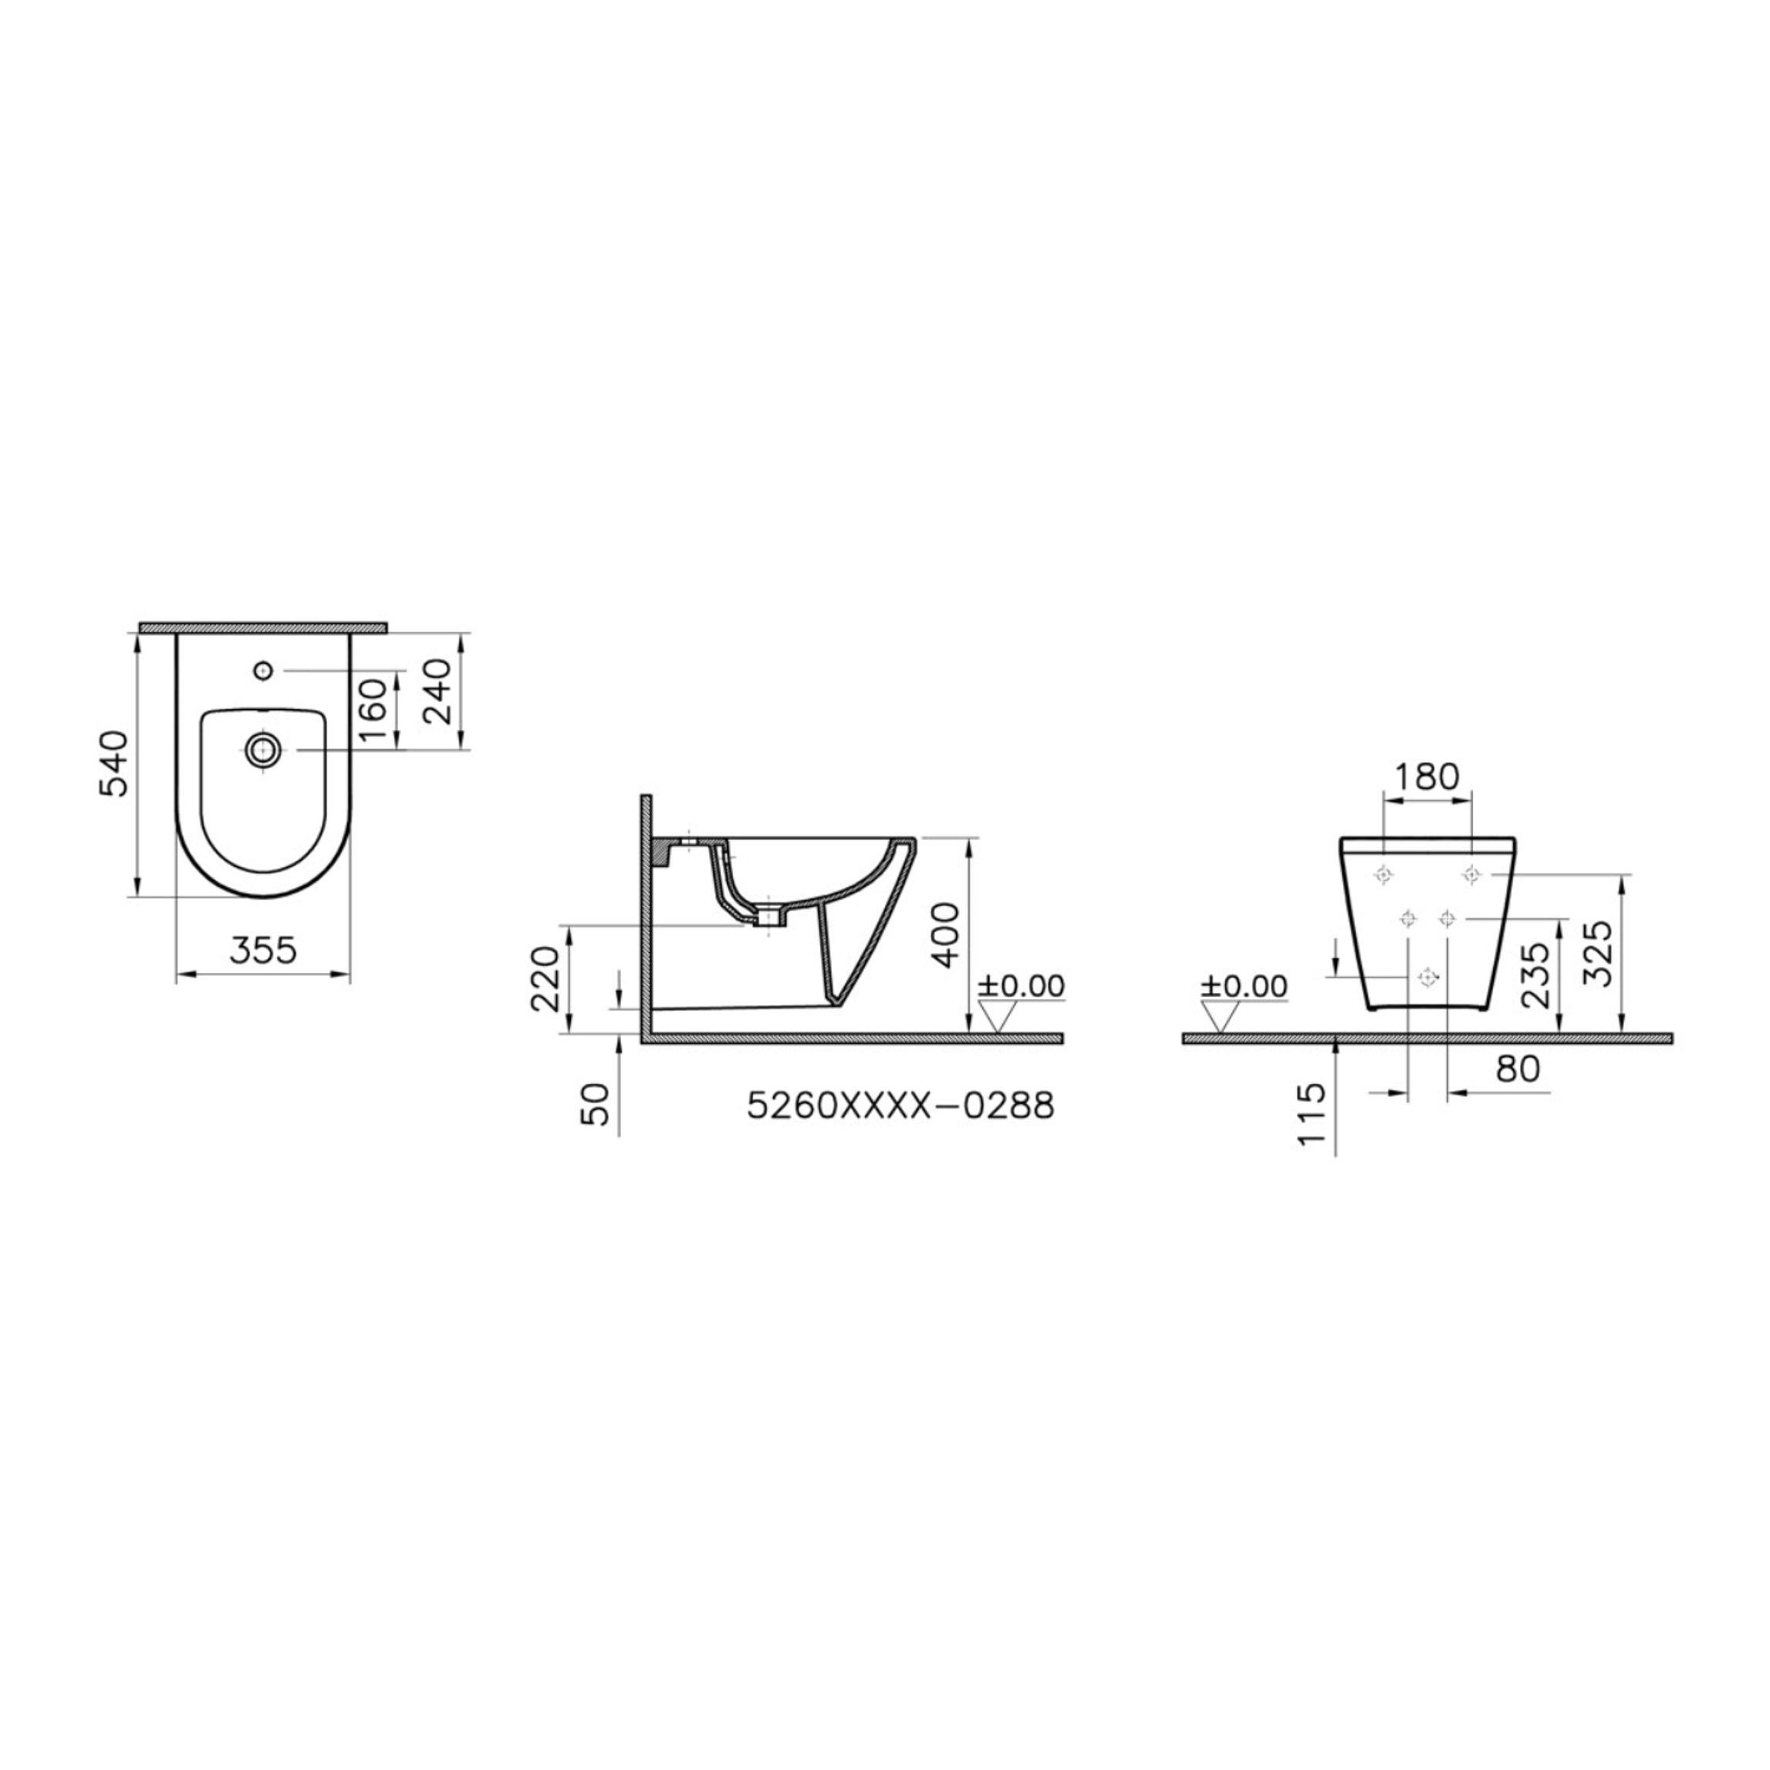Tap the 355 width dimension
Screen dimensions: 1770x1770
point(263,950)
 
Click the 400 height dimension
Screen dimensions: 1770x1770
point(944,935)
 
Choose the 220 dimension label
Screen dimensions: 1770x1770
point(545,978)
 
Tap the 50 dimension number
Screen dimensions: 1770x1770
point(596,1105)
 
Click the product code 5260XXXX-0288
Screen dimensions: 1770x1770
point(900,1106)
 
